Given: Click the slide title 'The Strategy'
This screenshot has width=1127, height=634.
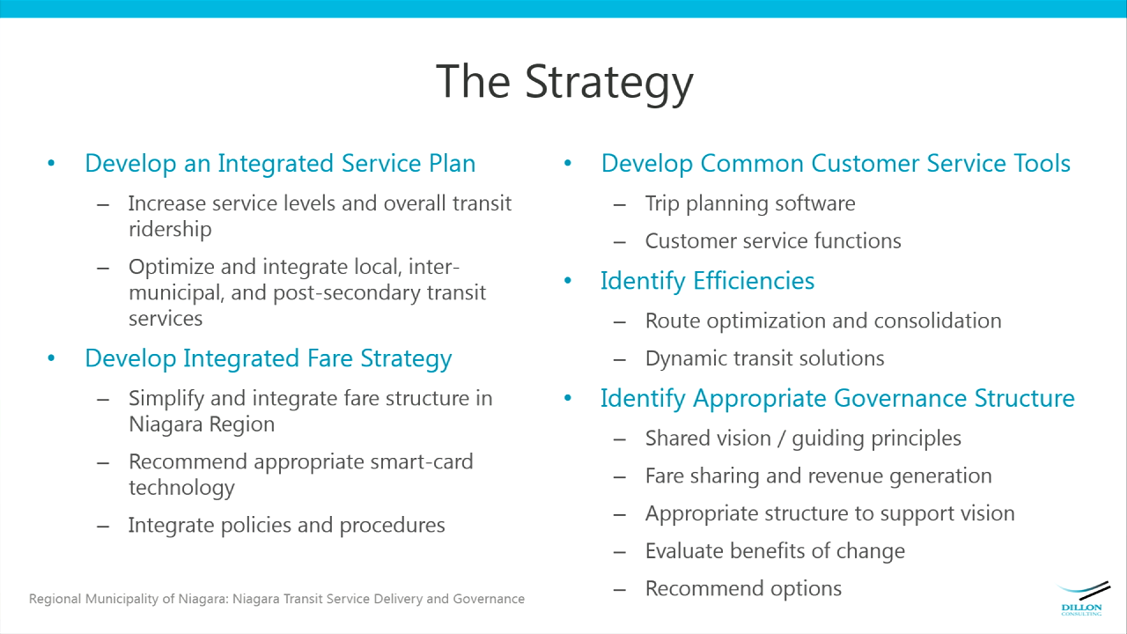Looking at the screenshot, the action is [564, 83].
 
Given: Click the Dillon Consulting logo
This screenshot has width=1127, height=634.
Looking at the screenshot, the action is [1082, 599].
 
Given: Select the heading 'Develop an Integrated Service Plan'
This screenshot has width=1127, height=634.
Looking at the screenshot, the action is [280, 163].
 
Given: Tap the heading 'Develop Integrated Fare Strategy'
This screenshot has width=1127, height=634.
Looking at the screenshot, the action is [269, 359].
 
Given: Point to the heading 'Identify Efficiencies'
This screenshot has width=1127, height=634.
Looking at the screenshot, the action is [707, 281].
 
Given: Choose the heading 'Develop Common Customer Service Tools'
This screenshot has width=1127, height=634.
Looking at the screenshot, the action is [836, 163].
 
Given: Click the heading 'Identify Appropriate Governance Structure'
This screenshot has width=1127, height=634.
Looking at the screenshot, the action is [837, 399].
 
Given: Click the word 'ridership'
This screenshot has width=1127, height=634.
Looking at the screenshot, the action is [170, 230].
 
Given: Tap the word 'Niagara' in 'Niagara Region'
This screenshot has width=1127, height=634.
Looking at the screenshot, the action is [166, 424].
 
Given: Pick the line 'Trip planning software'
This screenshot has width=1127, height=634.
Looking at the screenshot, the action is [750, 204].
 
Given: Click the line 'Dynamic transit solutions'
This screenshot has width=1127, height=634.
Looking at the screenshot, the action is [765, 358].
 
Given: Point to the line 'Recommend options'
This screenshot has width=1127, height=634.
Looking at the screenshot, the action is [744, 589].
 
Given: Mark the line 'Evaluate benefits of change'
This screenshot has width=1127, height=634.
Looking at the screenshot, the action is [776, 551].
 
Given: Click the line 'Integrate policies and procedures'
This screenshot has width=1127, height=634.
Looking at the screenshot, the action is [287, 526].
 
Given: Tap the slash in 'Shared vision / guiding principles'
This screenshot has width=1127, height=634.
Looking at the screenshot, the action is [781, 439].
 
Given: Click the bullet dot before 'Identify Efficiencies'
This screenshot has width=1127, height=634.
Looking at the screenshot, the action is [568, 280].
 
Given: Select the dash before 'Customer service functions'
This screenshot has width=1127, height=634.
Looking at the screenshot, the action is [620, 242].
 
